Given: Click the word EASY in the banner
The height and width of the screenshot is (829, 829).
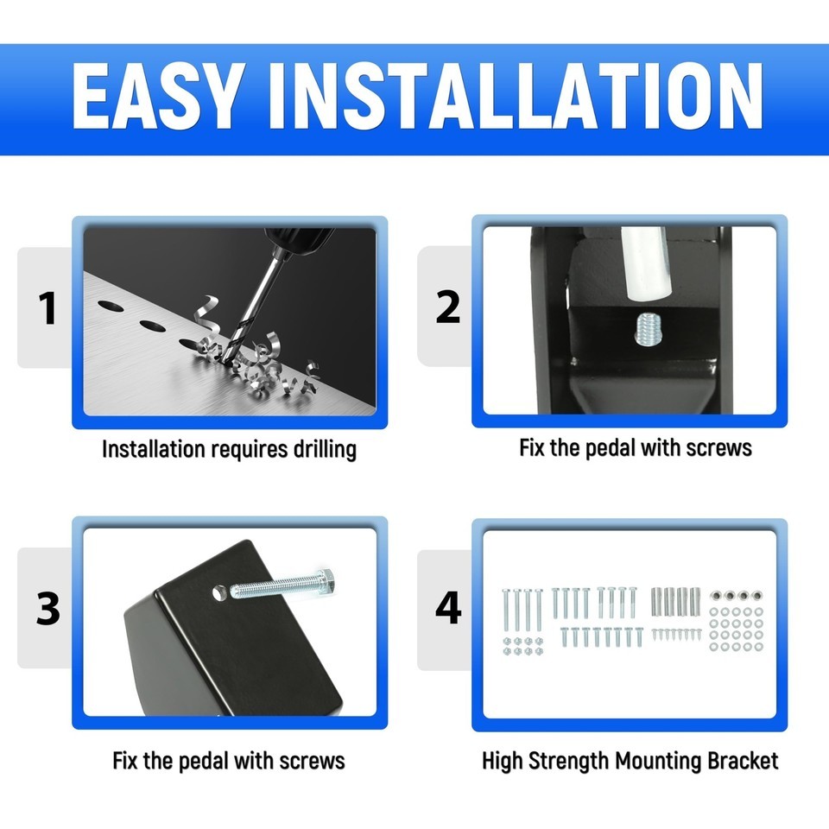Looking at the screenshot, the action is [x=157, y=96].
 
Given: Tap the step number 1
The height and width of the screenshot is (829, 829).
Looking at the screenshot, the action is [x=47, y=308].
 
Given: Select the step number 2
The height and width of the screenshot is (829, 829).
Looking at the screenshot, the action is [x=448, y=307].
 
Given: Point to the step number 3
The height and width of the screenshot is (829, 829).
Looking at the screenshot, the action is [x=48, y=608].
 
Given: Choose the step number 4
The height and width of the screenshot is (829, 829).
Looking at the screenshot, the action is [x=448, y=608].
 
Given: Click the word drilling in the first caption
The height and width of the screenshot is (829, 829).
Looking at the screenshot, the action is [x=326, y=449].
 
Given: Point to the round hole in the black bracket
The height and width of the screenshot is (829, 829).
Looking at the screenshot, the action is [x=218, y=592].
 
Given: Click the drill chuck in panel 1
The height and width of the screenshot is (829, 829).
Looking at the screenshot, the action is [x=299, y=241].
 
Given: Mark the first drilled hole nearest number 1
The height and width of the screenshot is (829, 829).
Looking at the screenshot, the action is [x=111, y=306].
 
